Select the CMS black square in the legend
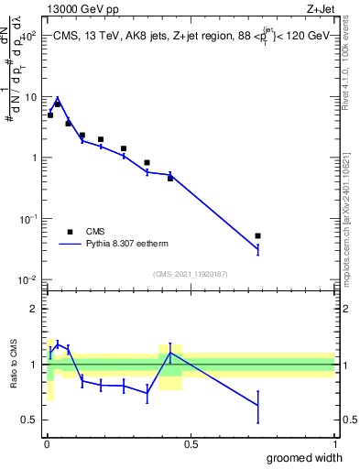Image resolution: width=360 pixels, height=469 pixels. coord(69,232)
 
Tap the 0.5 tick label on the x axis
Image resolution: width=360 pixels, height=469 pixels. coord(191,444)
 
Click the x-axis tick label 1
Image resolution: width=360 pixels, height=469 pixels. coord(334,444)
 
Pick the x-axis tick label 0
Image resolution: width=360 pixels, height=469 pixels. coord(46,444)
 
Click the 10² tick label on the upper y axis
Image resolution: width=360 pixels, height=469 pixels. coord(27,36)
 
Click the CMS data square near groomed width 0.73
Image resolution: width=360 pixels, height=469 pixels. coord(257,236)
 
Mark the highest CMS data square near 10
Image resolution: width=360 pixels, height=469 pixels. coord(58,104)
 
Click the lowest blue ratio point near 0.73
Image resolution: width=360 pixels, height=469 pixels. coord(257,406)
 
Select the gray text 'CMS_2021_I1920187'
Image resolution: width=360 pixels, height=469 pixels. coord(190,273)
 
